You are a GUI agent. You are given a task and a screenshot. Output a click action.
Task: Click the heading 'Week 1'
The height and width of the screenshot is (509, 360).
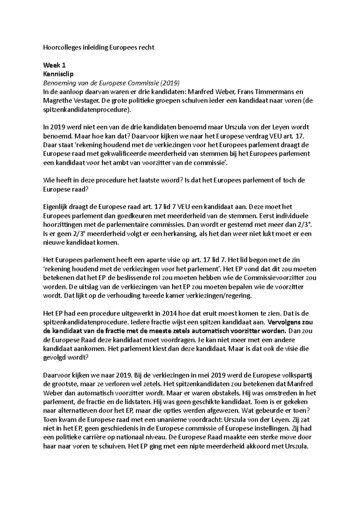pyautogui.click(x=54, y=65)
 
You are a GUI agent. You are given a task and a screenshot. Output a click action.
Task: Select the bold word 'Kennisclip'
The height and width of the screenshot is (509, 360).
pyautogui.click(x=58, y=74)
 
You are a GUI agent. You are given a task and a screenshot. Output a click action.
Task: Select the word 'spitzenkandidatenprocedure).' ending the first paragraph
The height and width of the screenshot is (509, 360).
pyautogui.click(x=87, y=110)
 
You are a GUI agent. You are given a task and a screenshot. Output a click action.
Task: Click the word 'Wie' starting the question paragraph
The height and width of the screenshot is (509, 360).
pyautogui.click(x=49, y=180)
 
